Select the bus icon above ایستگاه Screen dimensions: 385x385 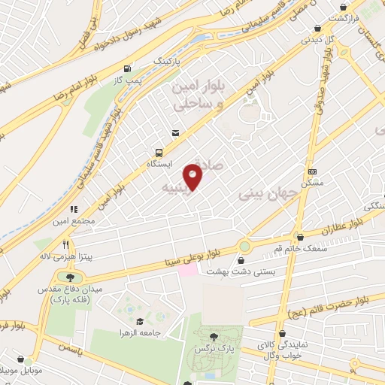(159, 150)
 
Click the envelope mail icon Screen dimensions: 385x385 (175, 133)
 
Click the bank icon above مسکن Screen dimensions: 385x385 (312, 171)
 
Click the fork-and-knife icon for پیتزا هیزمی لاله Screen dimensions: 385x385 (66, 244)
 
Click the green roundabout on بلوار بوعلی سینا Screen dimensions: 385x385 (244, 246)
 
